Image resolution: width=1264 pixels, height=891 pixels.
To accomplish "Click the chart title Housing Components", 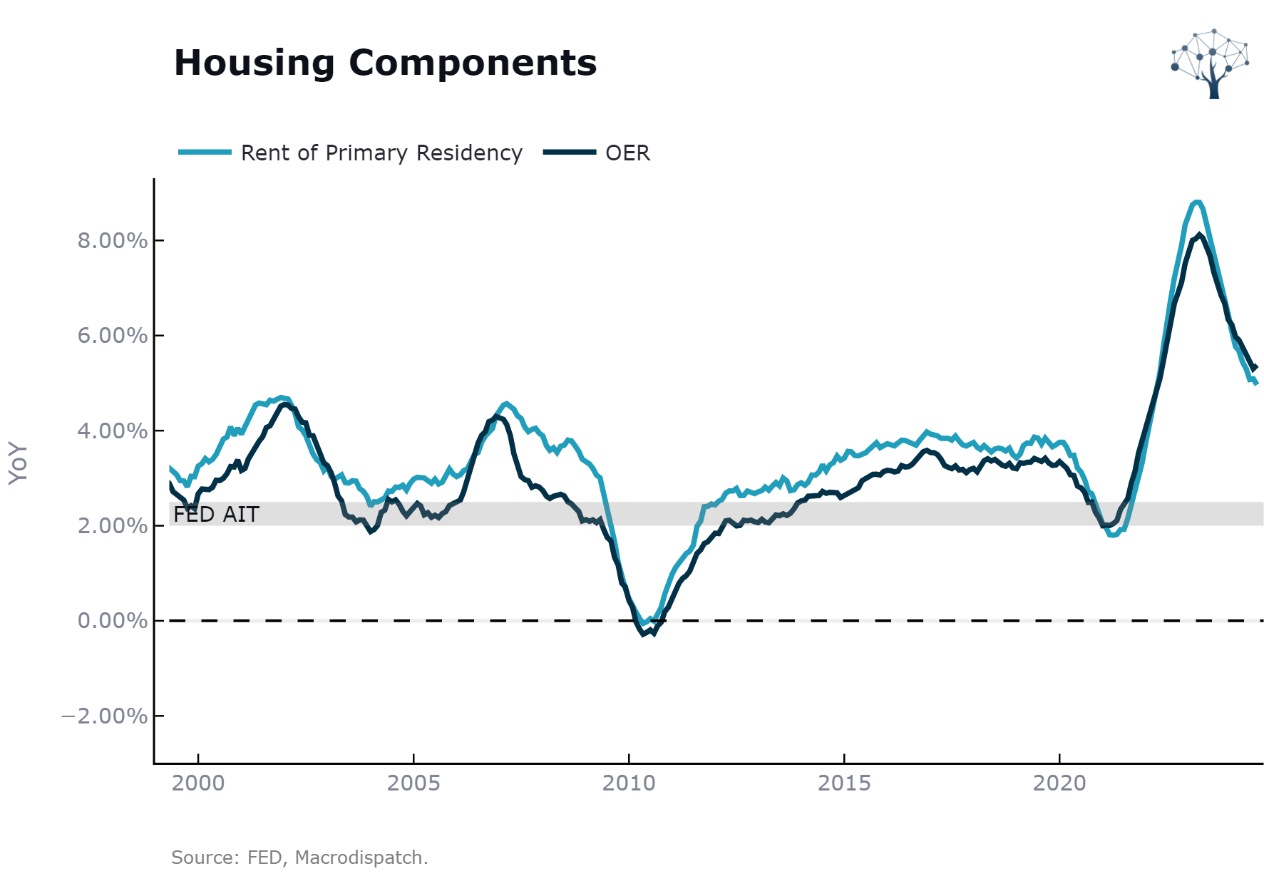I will tap(385, 63).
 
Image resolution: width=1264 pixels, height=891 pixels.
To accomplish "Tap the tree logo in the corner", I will tap(1210, 64).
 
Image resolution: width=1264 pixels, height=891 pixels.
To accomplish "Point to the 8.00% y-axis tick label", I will tap(113, 241).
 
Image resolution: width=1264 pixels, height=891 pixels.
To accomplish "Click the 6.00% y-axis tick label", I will tap(113, 336).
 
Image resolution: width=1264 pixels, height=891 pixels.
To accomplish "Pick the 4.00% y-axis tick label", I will tap(113, 431).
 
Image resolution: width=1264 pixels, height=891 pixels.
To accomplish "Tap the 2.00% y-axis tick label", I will tap(113, 526).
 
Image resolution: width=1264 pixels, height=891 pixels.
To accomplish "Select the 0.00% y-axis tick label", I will tap(113, 621).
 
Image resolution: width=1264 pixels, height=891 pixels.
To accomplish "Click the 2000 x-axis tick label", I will tap(198, 783).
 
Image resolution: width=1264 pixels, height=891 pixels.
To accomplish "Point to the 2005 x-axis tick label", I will tap(413, 783).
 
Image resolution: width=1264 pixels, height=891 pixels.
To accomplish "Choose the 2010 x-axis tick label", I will tap(629, 783).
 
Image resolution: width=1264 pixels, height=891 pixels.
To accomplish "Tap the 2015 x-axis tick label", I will tap(844, 783).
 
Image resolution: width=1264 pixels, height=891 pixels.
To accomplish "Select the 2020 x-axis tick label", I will tap(1059, 783).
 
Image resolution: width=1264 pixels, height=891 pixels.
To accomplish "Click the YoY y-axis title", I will tap(19, 463).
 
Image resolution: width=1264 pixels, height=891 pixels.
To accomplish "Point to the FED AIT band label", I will tap(216, 514).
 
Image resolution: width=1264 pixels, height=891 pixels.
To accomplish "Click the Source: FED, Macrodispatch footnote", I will tap(299, 857).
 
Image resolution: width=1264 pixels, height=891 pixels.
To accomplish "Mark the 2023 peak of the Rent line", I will tap(1197, 202).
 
